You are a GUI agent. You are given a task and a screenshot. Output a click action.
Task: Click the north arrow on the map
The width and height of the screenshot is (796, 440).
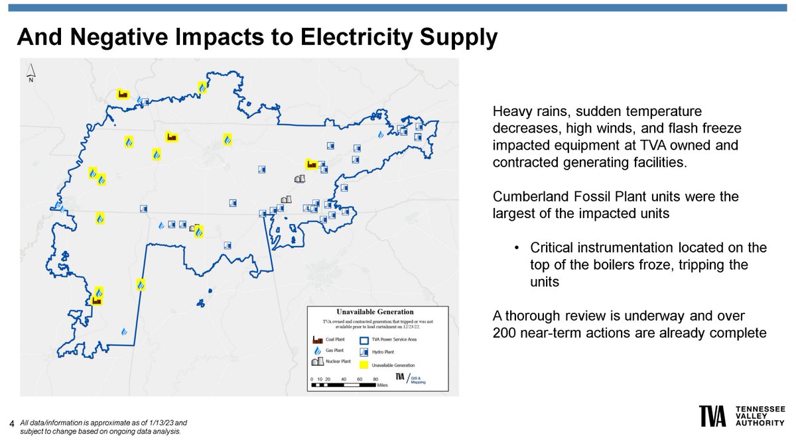pos(31,74)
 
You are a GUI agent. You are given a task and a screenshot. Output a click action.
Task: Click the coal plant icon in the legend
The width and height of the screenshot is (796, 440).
pos(317,339)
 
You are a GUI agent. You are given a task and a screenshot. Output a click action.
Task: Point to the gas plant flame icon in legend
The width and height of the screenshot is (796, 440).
pos(317,351)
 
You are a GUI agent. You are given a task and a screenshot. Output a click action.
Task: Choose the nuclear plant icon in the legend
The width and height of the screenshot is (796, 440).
pos(317,363)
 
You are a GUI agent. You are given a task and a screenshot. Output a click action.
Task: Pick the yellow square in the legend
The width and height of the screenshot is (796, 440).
pos(364,363)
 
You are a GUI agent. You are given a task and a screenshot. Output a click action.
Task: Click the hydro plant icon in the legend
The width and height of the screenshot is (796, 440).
pos(364,351)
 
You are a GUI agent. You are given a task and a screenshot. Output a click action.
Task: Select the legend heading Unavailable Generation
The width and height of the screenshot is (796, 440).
pos(375,312)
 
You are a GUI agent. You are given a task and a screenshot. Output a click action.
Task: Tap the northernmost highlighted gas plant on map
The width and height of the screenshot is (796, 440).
pos(202,87)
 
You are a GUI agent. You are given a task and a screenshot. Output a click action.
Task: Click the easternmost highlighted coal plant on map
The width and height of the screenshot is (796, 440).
pos(310,164)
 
